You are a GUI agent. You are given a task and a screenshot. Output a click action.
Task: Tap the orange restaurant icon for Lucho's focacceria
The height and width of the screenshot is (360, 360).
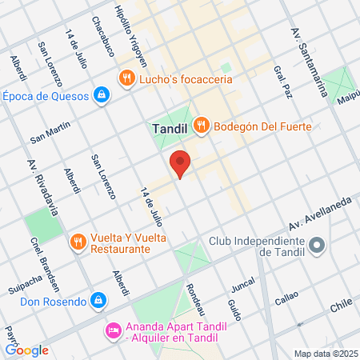(126, 78)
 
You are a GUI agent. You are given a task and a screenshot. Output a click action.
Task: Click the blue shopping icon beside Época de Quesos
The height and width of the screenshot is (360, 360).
(102, 96)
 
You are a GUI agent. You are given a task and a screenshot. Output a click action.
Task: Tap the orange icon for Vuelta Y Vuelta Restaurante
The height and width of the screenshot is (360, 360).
(78, 242)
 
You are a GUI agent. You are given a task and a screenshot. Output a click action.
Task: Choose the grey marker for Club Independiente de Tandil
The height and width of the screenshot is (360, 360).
(318, 246)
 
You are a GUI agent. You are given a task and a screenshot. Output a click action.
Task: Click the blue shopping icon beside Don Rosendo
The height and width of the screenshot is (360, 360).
(98, 301)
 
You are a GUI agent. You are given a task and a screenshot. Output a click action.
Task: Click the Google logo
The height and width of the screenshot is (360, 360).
(26, 350)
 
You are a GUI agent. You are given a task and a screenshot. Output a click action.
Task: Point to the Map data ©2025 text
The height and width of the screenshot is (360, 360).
(325, 353)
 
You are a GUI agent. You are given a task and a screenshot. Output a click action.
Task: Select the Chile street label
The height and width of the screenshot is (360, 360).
(342, 305)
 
